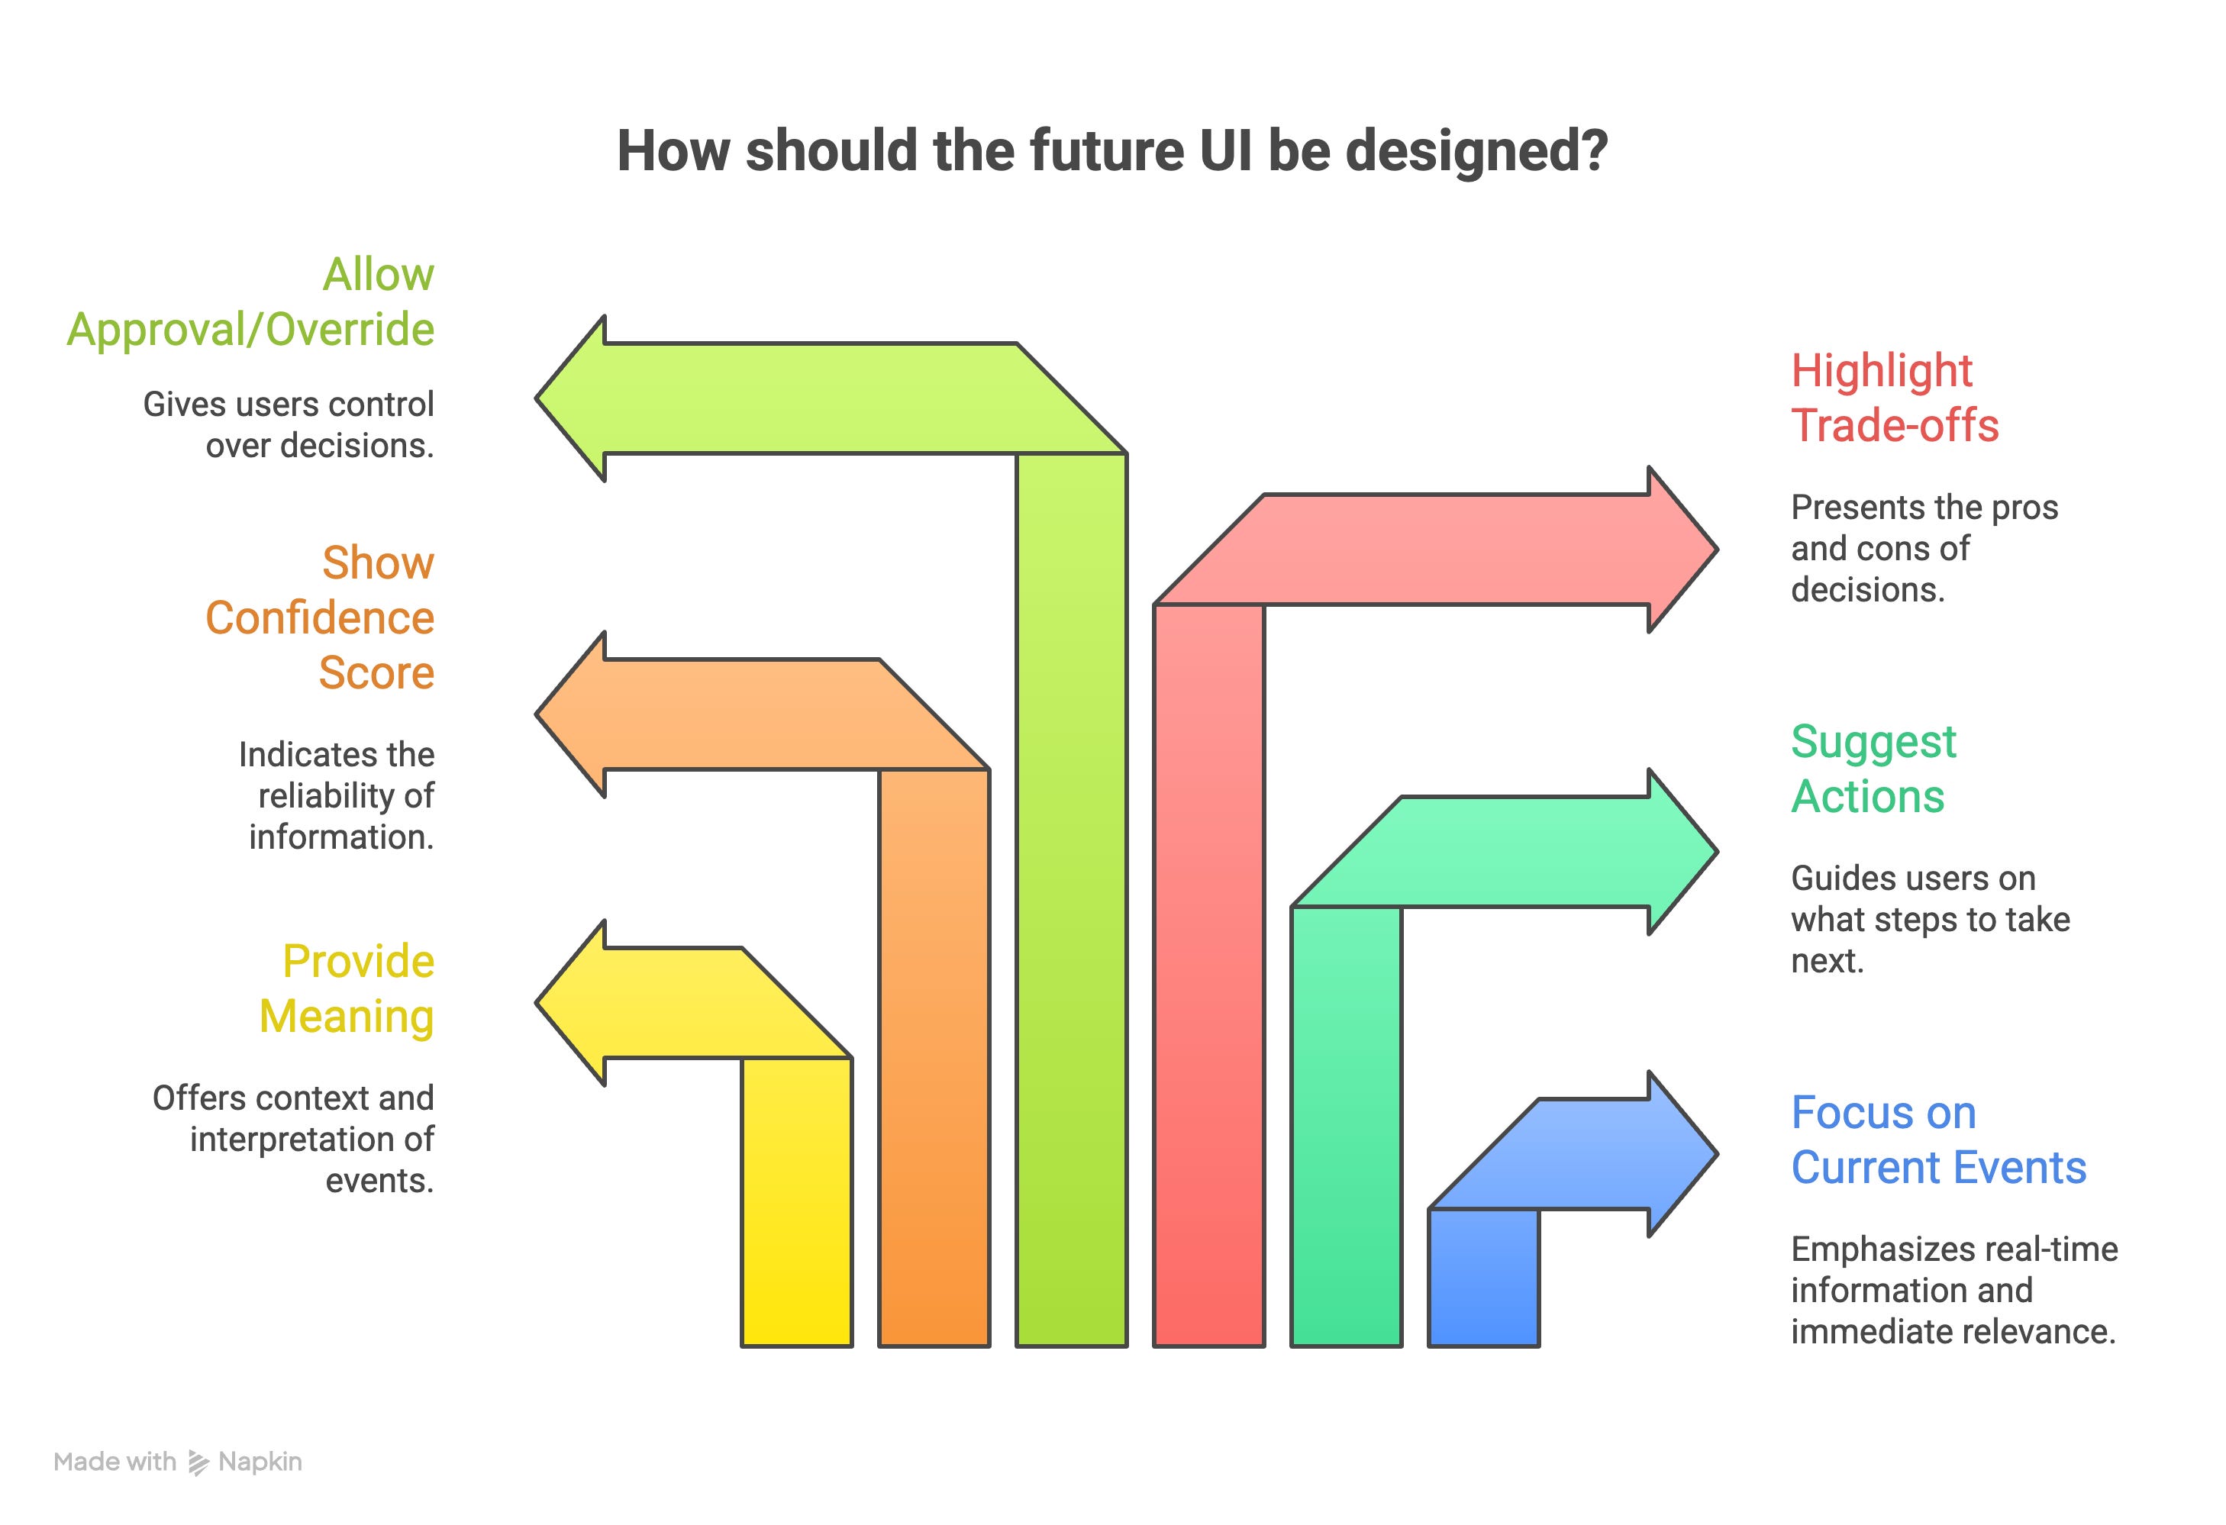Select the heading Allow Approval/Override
pyautogui.click(x=251, y=301)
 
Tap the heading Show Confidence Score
pyautogui.click(x=320, y=617)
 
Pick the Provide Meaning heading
pyautogui.click(x=347, y=988)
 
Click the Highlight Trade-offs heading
pyautogui.click(x=1895, y=398)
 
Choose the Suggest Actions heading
pyautogui.click(x=1873, y=769)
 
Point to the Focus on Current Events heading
pyautogui.click(x=1937, y=1140)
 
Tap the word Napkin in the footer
pyautogui.click(x=260, y=1462)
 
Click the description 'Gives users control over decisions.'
pyautogui.click(x=289, y=424)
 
